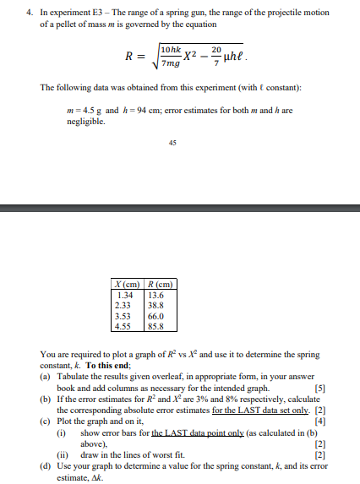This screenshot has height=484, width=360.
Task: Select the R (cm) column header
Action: (x=159, y=282)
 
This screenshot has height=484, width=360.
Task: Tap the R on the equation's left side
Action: (x=130, y=57)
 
